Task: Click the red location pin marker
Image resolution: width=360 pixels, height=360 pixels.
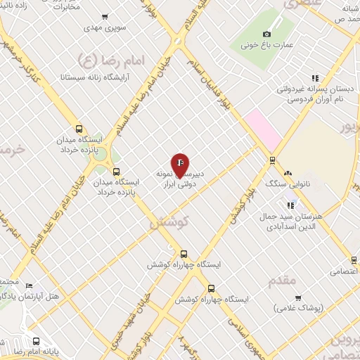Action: (x=181, y=165)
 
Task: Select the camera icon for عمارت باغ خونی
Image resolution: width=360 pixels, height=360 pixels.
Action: (x=266, y=34)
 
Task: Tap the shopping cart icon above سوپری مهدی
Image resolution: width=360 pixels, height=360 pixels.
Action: (x=105, y=17)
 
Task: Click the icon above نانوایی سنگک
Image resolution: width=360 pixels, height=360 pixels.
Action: (x=288, y=172)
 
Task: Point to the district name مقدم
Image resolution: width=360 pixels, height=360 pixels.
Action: (x=283, y=281)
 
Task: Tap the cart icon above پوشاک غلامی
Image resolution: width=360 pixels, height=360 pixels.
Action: (x=298, y=297)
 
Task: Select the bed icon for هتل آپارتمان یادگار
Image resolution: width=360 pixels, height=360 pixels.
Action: (x=29, y=285)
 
